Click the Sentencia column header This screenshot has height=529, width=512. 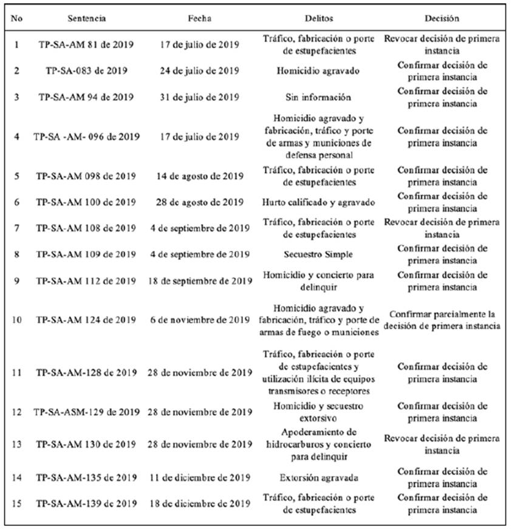tap(86, 18)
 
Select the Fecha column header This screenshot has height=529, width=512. tap(200, 18)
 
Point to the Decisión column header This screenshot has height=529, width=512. tap(442, 18)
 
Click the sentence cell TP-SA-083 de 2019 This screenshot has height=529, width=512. tap(86, 70)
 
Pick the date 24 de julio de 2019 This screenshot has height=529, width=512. tap(200, 70)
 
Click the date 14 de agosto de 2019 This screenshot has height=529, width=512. tap(200, 176)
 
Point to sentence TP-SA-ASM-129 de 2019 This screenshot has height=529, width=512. tap(86, 412)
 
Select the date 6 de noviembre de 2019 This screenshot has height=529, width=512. tap(200, 320)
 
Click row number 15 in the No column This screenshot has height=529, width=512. tap(17, 503)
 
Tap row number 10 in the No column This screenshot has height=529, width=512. tap(17, 320)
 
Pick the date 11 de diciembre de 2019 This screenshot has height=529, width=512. tap(200, 477)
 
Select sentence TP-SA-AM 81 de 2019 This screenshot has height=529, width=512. tap(86, 45)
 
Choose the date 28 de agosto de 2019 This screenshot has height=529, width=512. tap(200, 202)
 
